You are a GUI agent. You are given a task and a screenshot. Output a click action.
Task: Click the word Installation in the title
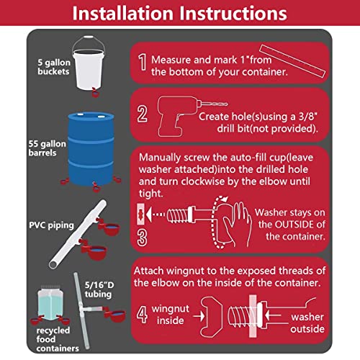click(123, 13)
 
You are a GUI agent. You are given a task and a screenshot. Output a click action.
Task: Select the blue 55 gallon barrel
click(91, 149)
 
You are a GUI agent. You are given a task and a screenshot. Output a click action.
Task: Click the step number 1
click(143, 62)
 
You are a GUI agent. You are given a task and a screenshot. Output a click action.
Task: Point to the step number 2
click(142, 114)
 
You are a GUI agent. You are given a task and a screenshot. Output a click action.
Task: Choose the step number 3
click(142, 238)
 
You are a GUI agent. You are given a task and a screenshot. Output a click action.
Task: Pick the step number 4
click(142, 315)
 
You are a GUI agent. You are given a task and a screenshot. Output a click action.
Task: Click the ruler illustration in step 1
click(292, 61)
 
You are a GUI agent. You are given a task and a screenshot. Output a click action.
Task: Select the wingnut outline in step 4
click(211, 317)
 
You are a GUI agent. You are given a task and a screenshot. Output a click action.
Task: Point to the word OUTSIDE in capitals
click(297, 225)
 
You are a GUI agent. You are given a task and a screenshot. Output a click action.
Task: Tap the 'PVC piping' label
click(51, 225)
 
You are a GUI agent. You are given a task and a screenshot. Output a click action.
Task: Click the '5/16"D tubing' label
click(99, 289)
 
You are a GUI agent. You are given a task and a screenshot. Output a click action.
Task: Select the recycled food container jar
click(50, 303)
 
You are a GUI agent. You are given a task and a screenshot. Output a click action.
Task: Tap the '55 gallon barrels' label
click(47, 148)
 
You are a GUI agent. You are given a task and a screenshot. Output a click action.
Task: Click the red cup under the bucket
click(95, 92)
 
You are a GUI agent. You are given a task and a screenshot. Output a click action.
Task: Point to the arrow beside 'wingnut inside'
click(199, 315)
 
